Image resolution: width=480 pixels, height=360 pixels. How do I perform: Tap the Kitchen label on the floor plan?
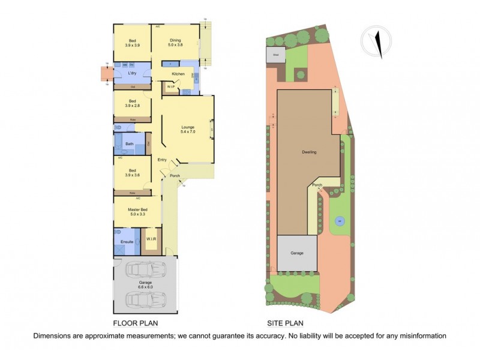click(x=178, y=74)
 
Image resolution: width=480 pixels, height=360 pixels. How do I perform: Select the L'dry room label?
click(x=132, y=73)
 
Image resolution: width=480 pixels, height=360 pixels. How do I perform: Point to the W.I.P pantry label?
click(x=171, y=87)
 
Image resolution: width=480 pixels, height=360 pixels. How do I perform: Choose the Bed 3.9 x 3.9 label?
click(x=132, y=43)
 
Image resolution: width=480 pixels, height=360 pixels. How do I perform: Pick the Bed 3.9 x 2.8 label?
click(x=132, y=103)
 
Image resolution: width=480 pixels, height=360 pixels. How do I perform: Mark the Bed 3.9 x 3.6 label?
click(x=132, y=172)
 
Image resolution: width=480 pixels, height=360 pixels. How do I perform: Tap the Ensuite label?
click(x=127, y=242)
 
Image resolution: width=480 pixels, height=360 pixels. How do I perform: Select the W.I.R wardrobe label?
click(x=151, y=239)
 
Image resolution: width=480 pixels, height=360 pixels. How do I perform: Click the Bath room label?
click(x=129, y=144)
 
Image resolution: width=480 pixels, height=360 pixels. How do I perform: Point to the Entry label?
click(x=162, y=160)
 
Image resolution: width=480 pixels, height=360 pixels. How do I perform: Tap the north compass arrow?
click(x=378, y=43)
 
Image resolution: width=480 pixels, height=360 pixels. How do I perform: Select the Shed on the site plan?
click(x=276, y=55)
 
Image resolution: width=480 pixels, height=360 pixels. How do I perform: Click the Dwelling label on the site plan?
click(x=309, y=152)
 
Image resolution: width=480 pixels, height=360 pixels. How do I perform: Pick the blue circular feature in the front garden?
click(x=339, y=221)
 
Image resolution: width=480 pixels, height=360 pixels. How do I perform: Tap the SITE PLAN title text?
click(x=287, y=322)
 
